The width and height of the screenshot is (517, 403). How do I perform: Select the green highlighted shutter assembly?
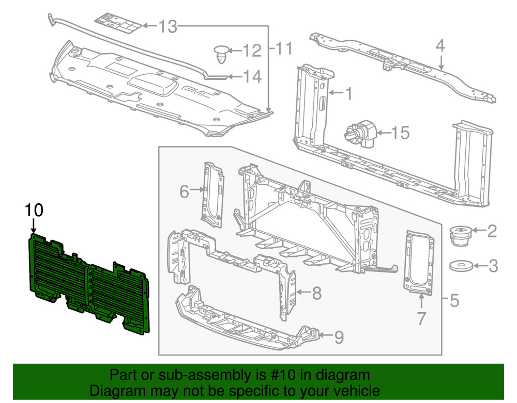tap(88, 281)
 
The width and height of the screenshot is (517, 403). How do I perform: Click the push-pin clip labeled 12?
tap(221, 53)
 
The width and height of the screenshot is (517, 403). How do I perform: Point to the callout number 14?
tap(252, 77)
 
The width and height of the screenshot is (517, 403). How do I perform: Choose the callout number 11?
tap(282, 49)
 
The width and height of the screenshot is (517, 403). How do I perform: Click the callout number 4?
tap(439, 46)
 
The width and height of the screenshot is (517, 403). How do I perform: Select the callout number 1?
tap(348, 93)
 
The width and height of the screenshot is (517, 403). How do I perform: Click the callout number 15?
tap(399, 133)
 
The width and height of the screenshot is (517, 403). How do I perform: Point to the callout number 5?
tap(454, 300)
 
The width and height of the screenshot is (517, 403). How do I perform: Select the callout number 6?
tap(185, 191)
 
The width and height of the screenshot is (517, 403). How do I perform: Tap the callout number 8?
tap(316, 294)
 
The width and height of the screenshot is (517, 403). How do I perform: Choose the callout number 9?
tap(338, 337)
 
